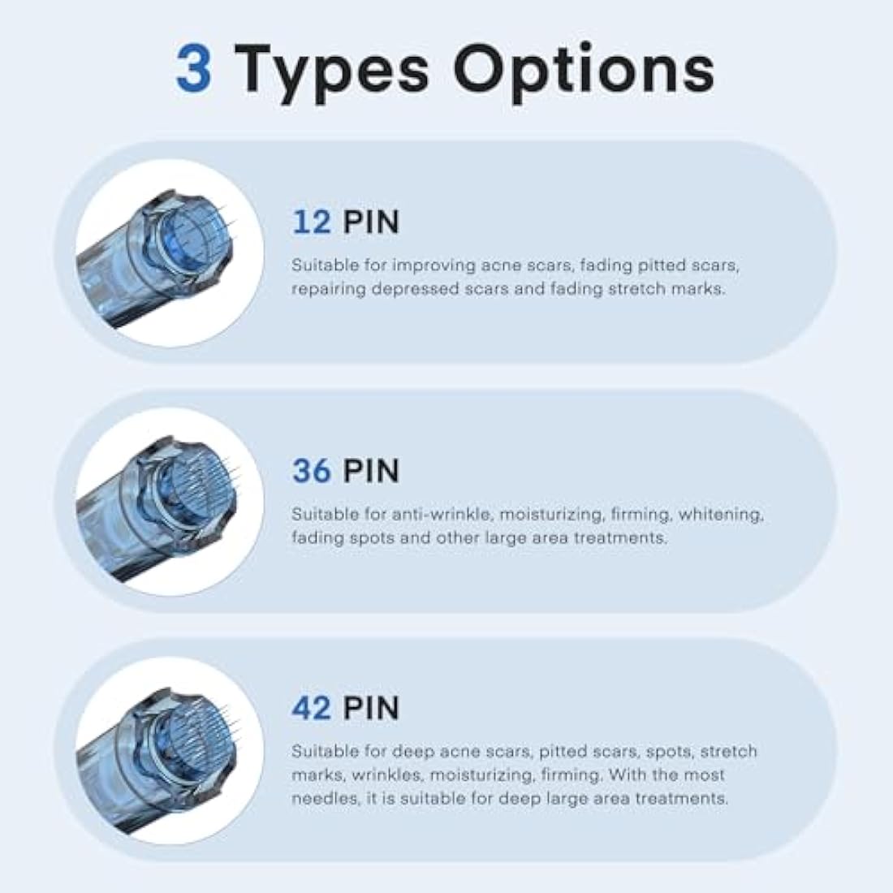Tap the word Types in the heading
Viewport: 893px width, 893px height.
[331, 73]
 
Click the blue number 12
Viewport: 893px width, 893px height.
[312, 222]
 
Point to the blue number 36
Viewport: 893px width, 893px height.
[312, 470]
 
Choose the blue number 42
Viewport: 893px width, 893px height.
[312, 708]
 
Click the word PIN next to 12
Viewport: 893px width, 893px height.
[371, 222]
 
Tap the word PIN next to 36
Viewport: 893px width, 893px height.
[371, 470]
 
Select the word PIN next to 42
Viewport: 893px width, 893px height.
[371, 708]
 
